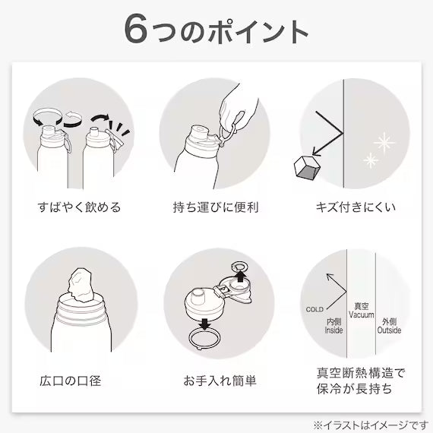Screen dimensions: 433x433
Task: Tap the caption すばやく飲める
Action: (80, 207)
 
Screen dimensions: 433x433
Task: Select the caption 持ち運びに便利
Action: (216, 207)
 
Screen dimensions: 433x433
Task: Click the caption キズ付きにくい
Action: (356, 207)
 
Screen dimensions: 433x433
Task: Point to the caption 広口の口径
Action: (71, 381)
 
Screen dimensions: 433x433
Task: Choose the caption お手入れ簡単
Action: (220, 381)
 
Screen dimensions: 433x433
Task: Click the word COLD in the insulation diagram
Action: (314, 309)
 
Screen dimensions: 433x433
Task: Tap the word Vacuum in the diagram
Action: (361, 314)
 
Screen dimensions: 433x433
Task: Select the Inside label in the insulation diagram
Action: (333, 330)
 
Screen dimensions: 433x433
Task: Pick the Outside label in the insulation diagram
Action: (389, 330)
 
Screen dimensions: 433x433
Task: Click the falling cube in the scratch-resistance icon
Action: (307, 168)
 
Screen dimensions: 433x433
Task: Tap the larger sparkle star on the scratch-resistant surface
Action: (384, 143)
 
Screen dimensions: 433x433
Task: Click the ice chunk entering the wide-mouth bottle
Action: (81, 286)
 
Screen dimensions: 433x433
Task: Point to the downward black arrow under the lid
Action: (204, 324)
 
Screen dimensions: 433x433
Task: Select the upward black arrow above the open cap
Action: (241, 277)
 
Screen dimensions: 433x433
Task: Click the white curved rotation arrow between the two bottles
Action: (73, 119)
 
